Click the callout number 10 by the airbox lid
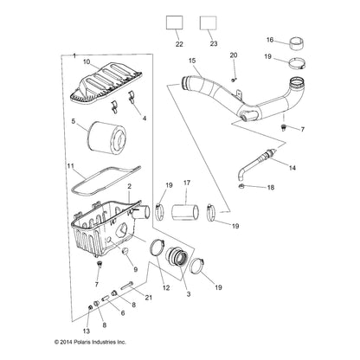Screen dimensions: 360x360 (86, 62)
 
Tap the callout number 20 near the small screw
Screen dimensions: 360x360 (233, 55)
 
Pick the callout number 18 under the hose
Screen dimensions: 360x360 (271, 211)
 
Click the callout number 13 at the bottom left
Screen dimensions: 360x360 (85, 332)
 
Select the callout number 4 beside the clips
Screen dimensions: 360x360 (144, 118)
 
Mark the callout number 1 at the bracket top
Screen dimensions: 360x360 (74, 53)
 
